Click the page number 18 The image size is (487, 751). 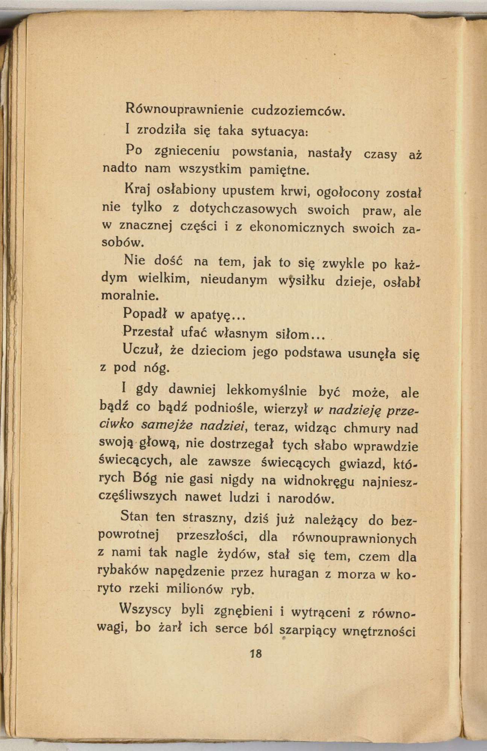tap(256, 654)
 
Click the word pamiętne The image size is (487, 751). tap(280, 170)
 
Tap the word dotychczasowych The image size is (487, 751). tap(243, 208)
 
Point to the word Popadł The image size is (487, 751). tap(145, 314)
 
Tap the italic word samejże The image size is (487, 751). tap(168, 425)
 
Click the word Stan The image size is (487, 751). tap(134, 517)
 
